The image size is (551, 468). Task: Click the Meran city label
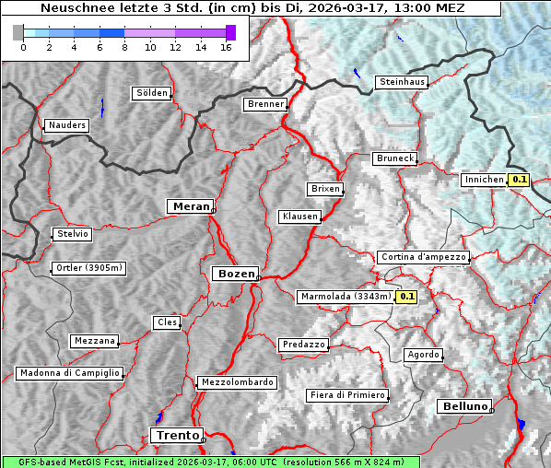[190, 206]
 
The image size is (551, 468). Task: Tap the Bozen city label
[234, 274]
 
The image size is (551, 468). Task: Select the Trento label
[175, 435]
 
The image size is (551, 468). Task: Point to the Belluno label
[463, 405]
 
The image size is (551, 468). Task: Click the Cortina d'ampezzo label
[423, 257]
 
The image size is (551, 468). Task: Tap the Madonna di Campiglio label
[69, 373]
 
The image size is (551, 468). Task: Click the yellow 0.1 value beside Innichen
[519, 181]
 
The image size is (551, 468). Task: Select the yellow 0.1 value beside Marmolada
[406, 297]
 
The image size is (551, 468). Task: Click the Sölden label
[152, 93]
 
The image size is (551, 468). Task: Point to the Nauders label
[67, 125]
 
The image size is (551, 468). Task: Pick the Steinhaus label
[403, 82]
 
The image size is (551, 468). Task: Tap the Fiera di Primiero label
[347, 395]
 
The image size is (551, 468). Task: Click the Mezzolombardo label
[236, 382]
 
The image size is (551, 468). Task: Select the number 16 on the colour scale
[226, 48]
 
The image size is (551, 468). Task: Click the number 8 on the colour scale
[124, 48]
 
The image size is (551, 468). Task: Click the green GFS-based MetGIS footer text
[210, 462]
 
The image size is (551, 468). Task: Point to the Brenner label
[265, 104]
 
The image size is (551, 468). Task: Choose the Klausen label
[299, 216]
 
